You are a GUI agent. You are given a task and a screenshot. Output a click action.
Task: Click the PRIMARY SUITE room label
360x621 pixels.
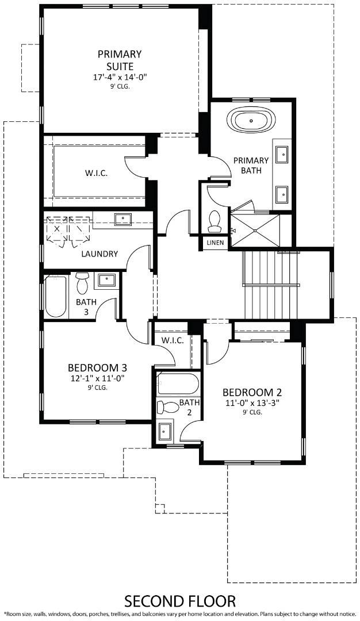pyautogui.click(x=120, y=60)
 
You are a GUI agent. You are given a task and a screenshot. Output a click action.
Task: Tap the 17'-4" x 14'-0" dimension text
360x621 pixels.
pyautogui.click(x=120, y=77)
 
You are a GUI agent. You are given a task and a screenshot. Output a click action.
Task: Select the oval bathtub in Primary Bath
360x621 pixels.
pyautogui.click(x=252, y=122)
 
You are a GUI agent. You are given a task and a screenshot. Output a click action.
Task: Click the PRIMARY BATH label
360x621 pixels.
pyautogui.click(x=251, y=165)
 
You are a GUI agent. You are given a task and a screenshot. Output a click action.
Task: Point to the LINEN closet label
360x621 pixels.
pyautogui.click(x=215, y=243)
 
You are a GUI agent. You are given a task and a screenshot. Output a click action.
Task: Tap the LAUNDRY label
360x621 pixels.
pyautogui.click(x=99, y=254)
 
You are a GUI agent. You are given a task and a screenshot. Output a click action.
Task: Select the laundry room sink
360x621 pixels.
pyautogui.click(x=122, y=219)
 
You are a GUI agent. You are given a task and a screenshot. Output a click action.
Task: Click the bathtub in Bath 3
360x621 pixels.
pyautogui.click(x=56, y=296)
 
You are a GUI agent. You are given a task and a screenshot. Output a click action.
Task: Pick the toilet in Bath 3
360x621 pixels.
pyautogui.click(x=82, y=282)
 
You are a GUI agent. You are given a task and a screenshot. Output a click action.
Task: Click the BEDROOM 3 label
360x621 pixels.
pyautogui.click(x=97, y=368)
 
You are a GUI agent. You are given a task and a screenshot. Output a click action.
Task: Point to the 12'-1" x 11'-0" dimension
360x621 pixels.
pyautogui.click(x=97, y=378)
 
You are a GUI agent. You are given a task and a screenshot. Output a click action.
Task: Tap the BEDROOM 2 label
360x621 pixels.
pyautogui.click(x=252, y=393)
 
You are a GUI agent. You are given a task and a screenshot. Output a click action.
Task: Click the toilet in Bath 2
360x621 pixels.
pyautogui.click(x=169, y=408)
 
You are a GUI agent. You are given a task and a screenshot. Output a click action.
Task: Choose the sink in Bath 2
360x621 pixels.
pyautogui.click(x=166, y=430)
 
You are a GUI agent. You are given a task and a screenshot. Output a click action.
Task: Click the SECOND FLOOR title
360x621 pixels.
pyautogui.click(x=180, y=601)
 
